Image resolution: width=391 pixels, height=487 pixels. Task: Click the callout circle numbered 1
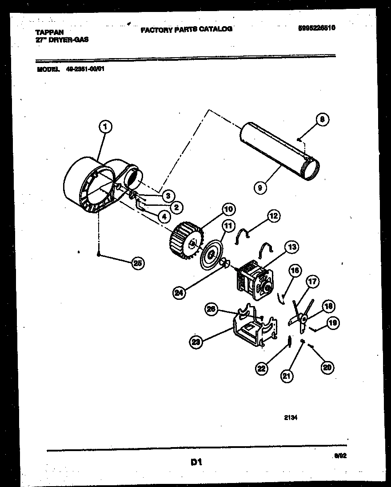pyautogui.click(x=105, y=127)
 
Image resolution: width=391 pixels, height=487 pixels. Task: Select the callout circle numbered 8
pyautogui.click(x=323, y=119)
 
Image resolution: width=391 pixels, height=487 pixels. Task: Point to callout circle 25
pyautogui.click(x=138, y=263)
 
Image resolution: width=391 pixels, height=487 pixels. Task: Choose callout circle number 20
pyautogui.click(x=327, y=367)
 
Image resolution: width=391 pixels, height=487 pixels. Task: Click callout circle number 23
pyautogui.click(x=196, y=342)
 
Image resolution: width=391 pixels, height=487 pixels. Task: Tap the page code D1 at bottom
pyautogui.click(x=196, y=462)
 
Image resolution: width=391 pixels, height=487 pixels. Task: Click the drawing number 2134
pyautogui.click(x=291, y=417)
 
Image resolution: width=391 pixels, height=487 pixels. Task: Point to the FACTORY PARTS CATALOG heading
pyautogui.click(x=187, y=29)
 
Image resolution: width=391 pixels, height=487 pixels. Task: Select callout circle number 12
pyautogui.click(x=274, y=216)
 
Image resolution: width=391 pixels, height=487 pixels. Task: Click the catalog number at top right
pyautogui.click(x=317, y=27)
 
